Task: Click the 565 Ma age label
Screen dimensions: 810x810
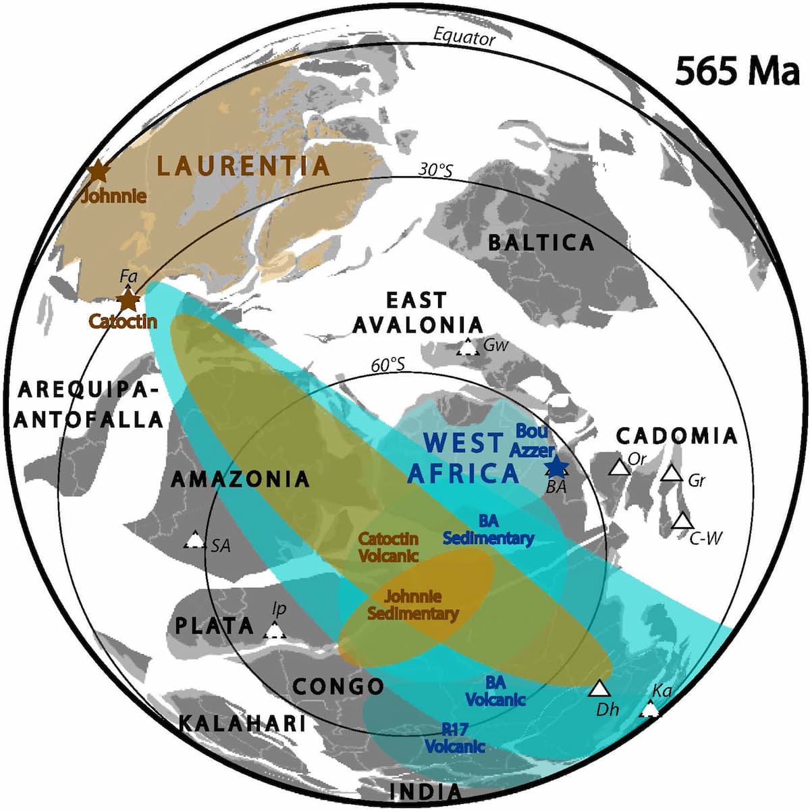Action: [x=737, y=71]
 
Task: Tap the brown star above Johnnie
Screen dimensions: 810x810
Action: [x=99, y=171]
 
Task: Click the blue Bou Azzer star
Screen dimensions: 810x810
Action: [x=556, y=467]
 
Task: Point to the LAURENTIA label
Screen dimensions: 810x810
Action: [x=244, y=165]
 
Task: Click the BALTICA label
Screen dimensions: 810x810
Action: [x=541, y=243]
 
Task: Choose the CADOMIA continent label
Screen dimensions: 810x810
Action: [x=677, y=436]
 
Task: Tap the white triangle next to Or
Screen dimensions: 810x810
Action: [x=618, y=468]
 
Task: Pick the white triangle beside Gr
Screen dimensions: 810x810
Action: [x=671, y=474]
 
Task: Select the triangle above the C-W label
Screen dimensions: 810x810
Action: [x=682, y=522]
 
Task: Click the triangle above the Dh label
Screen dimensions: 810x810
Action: [x=599, y=688]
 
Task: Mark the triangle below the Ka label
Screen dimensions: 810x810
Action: [x=649, y=709]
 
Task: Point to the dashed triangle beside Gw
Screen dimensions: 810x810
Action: [x=466, y=348]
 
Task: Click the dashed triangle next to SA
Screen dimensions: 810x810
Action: [x=195, y=540]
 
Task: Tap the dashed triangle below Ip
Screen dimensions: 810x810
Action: [x=274, y=631]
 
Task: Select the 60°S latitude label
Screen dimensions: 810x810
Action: [x=388, y=365]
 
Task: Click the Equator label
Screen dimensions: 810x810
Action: [x=464, y=38]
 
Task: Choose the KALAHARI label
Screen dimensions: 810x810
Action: [x=242, y=724]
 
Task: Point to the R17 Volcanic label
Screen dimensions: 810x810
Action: [x=455, y=738]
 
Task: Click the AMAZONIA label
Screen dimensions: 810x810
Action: [x=240, y=479]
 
